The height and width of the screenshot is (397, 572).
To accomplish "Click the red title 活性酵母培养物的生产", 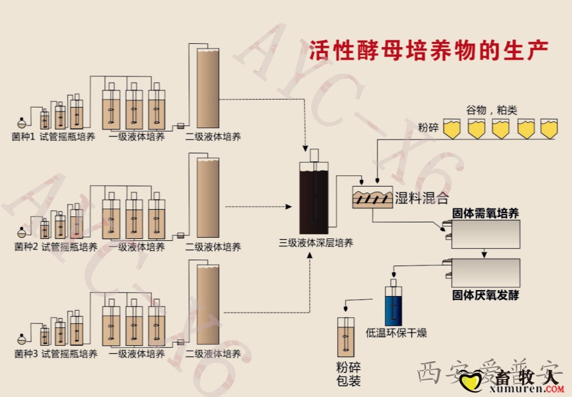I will click(429, 50).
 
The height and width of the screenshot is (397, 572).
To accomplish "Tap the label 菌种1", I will click(25, 137).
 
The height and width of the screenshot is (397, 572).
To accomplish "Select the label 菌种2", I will click(26, 247).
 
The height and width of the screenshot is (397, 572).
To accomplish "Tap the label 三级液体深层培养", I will click(315, 242).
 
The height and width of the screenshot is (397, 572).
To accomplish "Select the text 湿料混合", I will click(422, 198).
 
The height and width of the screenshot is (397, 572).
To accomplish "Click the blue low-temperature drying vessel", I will click(394, 305).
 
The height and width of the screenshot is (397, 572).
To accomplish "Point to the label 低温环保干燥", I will click(396, 333).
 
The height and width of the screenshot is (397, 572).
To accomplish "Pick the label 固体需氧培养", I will click(485, 213).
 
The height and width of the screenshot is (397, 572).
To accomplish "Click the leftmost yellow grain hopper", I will click(451, 129).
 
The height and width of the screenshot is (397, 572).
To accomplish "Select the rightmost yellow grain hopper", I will click(549, 129).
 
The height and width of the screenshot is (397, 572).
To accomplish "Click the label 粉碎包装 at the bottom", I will click(348, 374).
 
